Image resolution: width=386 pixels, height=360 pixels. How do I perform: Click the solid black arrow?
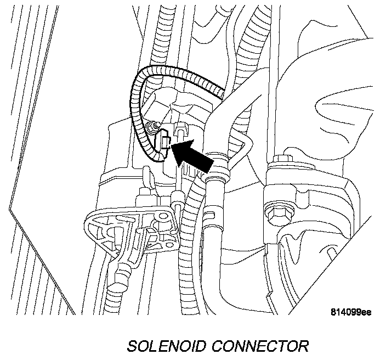195,154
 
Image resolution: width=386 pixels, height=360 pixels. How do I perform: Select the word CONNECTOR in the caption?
263,346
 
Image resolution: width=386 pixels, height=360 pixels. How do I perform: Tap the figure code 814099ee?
351,312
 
